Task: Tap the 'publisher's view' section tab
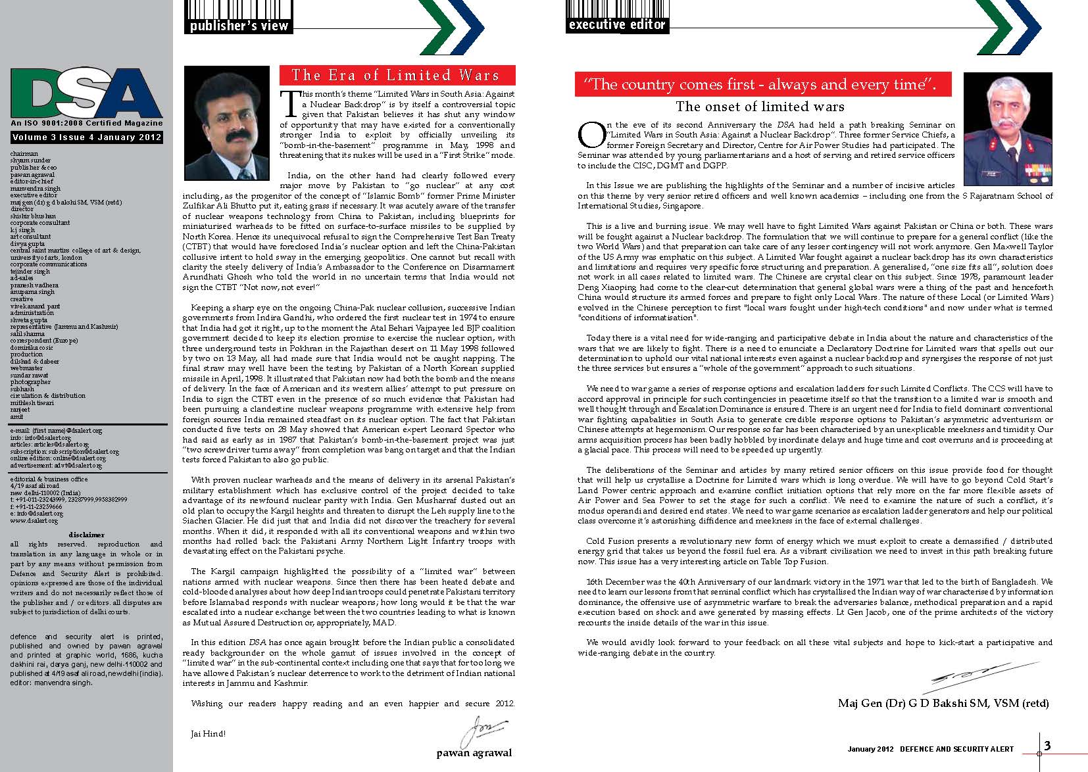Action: point(239,26)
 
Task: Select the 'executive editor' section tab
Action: point(616,25)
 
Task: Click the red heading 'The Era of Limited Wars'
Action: point(396,75)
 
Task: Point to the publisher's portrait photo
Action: point(227,123)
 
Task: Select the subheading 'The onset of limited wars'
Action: point(760,107)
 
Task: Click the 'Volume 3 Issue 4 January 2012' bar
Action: point(86,137)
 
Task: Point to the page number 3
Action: point(1047,745)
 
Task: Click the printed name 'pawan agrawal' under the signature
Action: point(474,753)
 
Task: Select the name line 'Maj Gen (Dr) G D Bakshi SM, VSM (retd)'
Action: point(943,703)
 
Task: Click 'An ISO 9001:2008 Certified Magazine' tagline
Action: point(86,123)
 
